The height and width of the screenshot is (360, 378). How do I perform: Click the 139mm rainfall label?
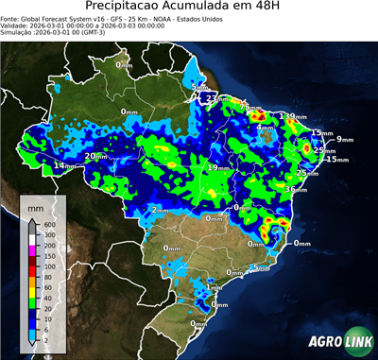[291, 115]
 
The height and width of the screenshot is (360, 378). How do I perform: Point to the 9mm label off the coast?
[343, 139]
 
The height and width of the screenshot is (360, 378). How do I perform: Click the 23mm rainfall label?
[214, 97]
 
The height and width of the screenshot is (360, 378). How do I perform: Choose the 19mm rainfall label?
[215, 167]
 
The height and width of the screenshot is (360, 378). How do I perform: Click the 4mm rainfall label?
[265, 127]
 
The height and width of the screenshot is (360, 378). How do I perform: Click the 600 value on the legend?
[50, 224]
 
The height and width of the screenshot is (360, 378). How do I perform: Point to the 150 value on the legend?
[50, 256]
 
